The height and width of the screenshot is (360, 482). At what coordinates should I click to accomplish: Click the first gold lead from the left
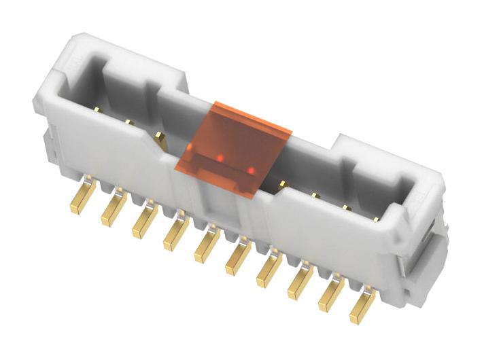(81, 198)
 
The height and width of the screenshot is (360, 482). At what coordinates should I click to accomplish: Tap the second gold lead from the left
(111, 210)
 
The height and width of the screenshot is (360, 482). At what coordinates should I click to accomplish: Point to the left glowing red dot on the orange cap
(221, 158)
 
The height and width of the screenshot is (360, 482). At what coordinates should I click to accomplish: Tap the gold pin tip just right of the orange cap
(281, 183)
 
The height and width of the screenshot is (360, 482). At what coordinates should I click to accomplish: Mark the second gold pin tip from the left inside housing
(128, 122)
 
